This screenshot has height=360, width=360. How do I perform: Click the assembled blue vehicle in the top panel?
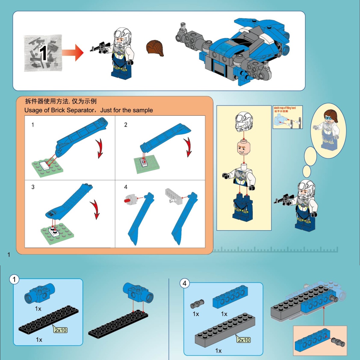tap(233, 50)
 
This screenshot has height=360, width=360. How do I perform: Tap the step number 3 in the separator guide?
tap(33, 187)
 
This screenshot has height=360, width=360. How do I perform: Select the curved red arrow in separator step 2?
tap(189, 148)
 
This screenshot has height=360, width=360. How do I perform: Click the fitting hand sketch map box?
tap(288, 117)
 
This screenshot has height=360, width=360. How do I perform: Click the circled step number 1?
tap(14, 280)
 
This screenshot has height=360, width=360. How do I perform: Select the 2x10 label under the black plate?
tap(61, 330)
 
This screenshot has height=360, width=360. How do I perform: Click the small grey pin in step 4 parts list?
tap(195, 304)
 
